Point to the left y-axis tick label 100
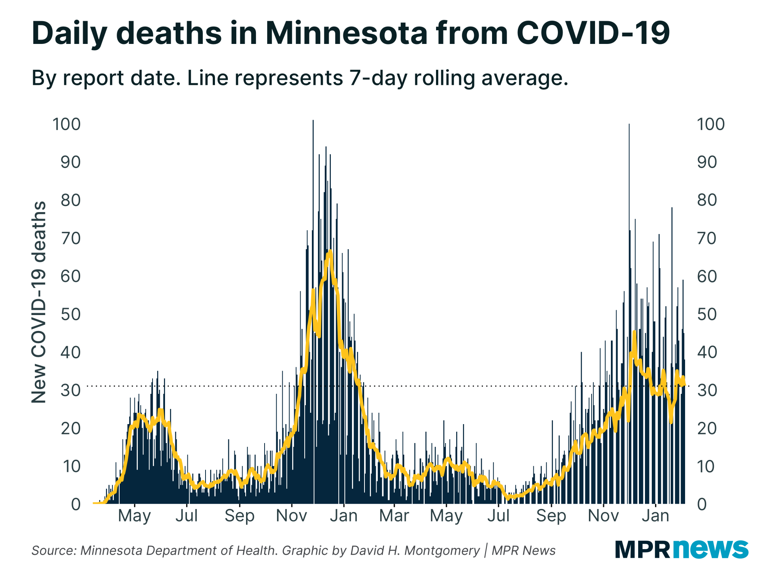click(x=67, y=124)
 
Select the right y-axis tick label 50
click(x=707, y=314)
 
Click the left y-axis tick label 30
click(x=70, y=390)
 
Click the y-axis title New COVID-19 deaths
click(x=39, y=302)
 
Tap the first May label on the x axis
click(x=134, y=516)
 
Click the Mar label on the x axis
click(x=394, y=516)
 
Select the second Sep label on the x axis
click(x=551, y=516)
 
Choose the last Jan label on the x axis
click(x=655, y=516)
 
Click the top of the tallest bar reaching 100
click(x=313, y=121)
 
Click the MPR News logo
click(x=681, y=549)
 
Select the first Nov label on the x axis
click(x=291, y=516)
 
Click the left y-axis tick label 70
click(x=70, y=238)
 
